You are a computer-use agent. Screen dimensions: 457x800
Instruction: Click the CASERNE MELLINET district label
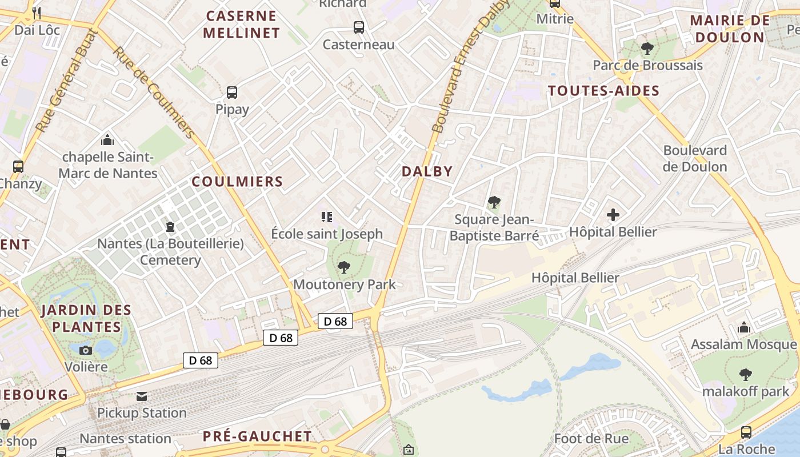(241, 24)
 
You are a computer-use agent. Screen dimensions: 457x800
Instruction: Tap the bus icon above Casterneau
(359, 27)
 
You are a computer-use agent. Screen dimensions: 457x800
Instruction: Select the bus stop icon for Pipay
(232, 92)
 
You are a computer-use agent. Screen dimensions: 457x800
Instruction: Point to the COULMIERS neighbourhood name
(237, 182)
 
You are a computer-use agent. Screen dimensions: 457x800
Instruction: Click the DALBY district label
(427, 171)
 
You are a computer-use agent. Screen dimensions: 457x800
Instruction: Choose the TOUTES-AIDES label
(603, 91)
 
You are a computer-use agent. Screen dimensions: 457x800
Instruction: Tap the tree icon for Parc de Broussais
(647, 48)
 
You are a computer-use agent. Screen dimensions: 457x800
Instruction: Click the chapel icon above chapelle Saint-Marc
(107, 139)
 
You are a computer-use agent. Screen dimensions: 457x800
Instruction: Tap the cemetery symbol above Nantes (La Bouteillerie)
(170, 227)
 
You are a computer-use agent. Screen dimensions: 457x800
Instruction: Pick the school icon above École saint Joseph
(327, 217)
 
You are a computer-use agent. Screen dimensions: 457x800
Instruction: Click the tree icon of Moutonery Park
(344, 267)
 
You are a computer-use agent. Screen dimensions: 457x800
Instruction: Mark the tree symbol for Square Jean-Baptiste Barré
(494, 202)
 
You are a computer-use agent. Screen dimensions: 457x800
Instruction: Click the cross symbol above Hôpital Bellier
(613, 215)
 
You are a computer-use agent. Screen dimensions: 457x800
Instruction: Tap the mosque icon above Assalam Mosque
(744, 327)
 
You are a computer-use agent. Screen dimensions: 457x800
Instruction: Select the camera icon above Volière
(86, 350)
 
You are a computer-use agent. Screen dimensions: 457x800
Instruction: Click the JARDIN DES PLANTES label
(86, 319)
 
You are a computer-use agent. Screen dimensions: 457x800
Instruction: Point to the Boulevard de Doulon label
(695, 159)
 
